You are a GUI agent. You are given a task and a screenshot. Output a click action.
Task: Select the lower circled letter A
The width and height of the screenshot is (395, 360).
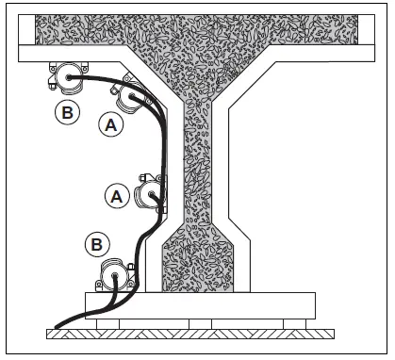pyautogui.click(x=117, y=195)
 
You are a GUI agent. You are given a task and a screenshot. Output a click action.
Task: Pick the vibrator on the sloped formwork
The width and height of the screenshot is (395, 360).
pyautogui.click(x=131, y=97)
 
